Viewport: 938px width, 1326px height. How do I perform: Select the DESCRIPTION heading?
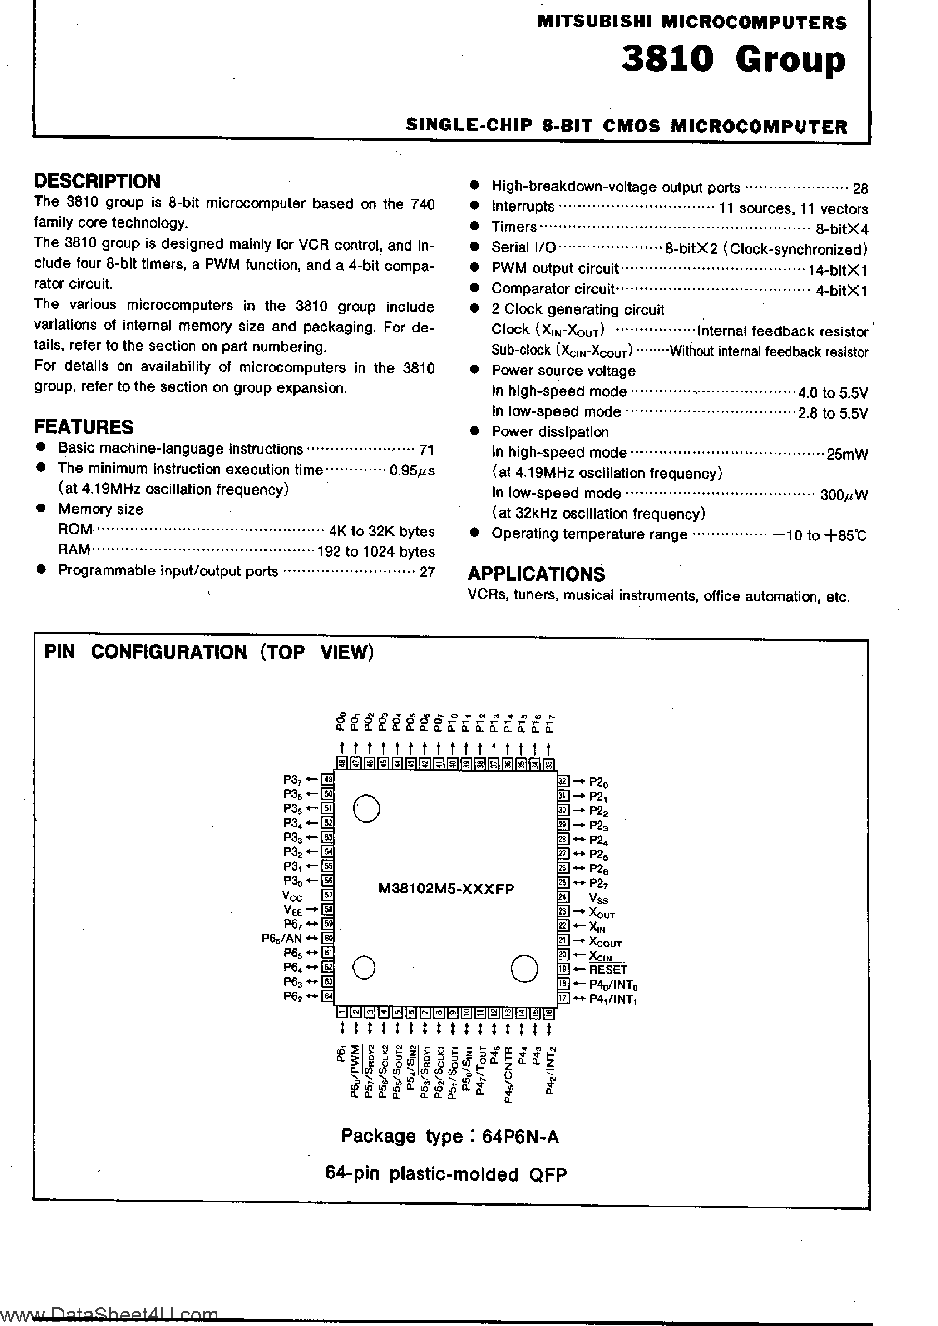click(x=97, y=181)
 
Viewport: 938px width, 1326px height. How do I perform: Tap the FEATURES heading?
click(x=84, y=427)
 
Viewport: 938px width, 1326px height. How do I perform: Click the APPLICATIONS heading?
click(x=536, y=574)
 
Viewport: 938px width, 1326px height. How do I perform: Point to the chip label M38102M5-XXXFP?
click(x=446, y=888)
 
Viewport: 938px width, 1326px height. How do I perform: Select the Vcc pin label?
click(x=292, y=896)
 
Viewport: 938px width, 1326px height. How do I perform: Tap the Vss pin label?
click(x=598, y=898)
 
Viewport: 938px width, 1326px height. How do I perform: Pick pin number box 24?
click(x=563, y=897)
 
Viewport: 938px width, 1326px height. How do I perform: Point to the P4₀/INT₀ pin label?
click(x=613, y=984)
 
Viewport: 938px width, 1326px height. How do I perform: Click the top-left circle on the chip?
click(x=366, y=808)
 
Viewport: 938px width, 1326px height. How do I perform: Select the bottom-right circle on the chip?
click(x=524, y=969)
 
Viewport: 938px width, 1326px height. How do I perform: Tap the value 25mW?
click(x=847, y=454)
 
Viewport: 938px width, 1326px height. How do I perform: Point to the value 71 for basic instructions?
click(x=427, y=450)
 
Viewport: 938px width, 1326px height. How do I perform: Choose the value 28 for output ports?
click(x=860, y=188)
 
